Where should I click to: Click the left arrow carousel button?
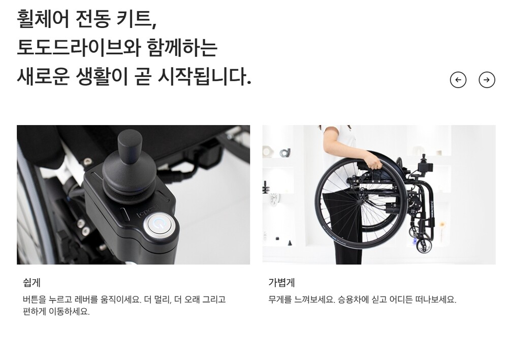pos(458,80)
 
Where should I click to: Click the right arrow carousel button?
pos(487,80)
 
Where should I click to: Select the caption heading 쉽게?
pos(31,283)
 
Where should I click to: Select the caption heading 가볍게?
pos(281,283)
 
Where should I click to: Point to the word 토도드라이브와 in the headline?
pos(79,47)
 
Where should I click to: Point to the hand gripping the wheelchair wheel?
pos(374,162)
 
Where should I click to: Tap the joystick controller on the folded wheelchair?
pos(425,165)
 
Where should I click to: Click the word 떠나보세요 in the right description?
pos(435,299)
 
